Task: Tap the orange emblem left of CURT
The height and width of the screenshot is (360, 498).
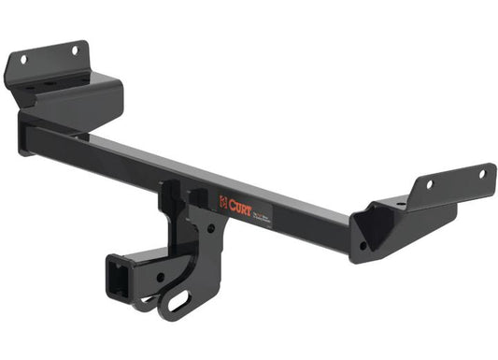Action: [x=223, y=199]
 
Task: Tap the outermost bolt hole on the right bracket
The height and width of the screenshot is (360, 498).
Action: [x=482, y=174]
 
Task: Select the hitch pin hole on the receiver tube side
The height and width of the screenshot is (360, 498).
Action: [x=159, y=277]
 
